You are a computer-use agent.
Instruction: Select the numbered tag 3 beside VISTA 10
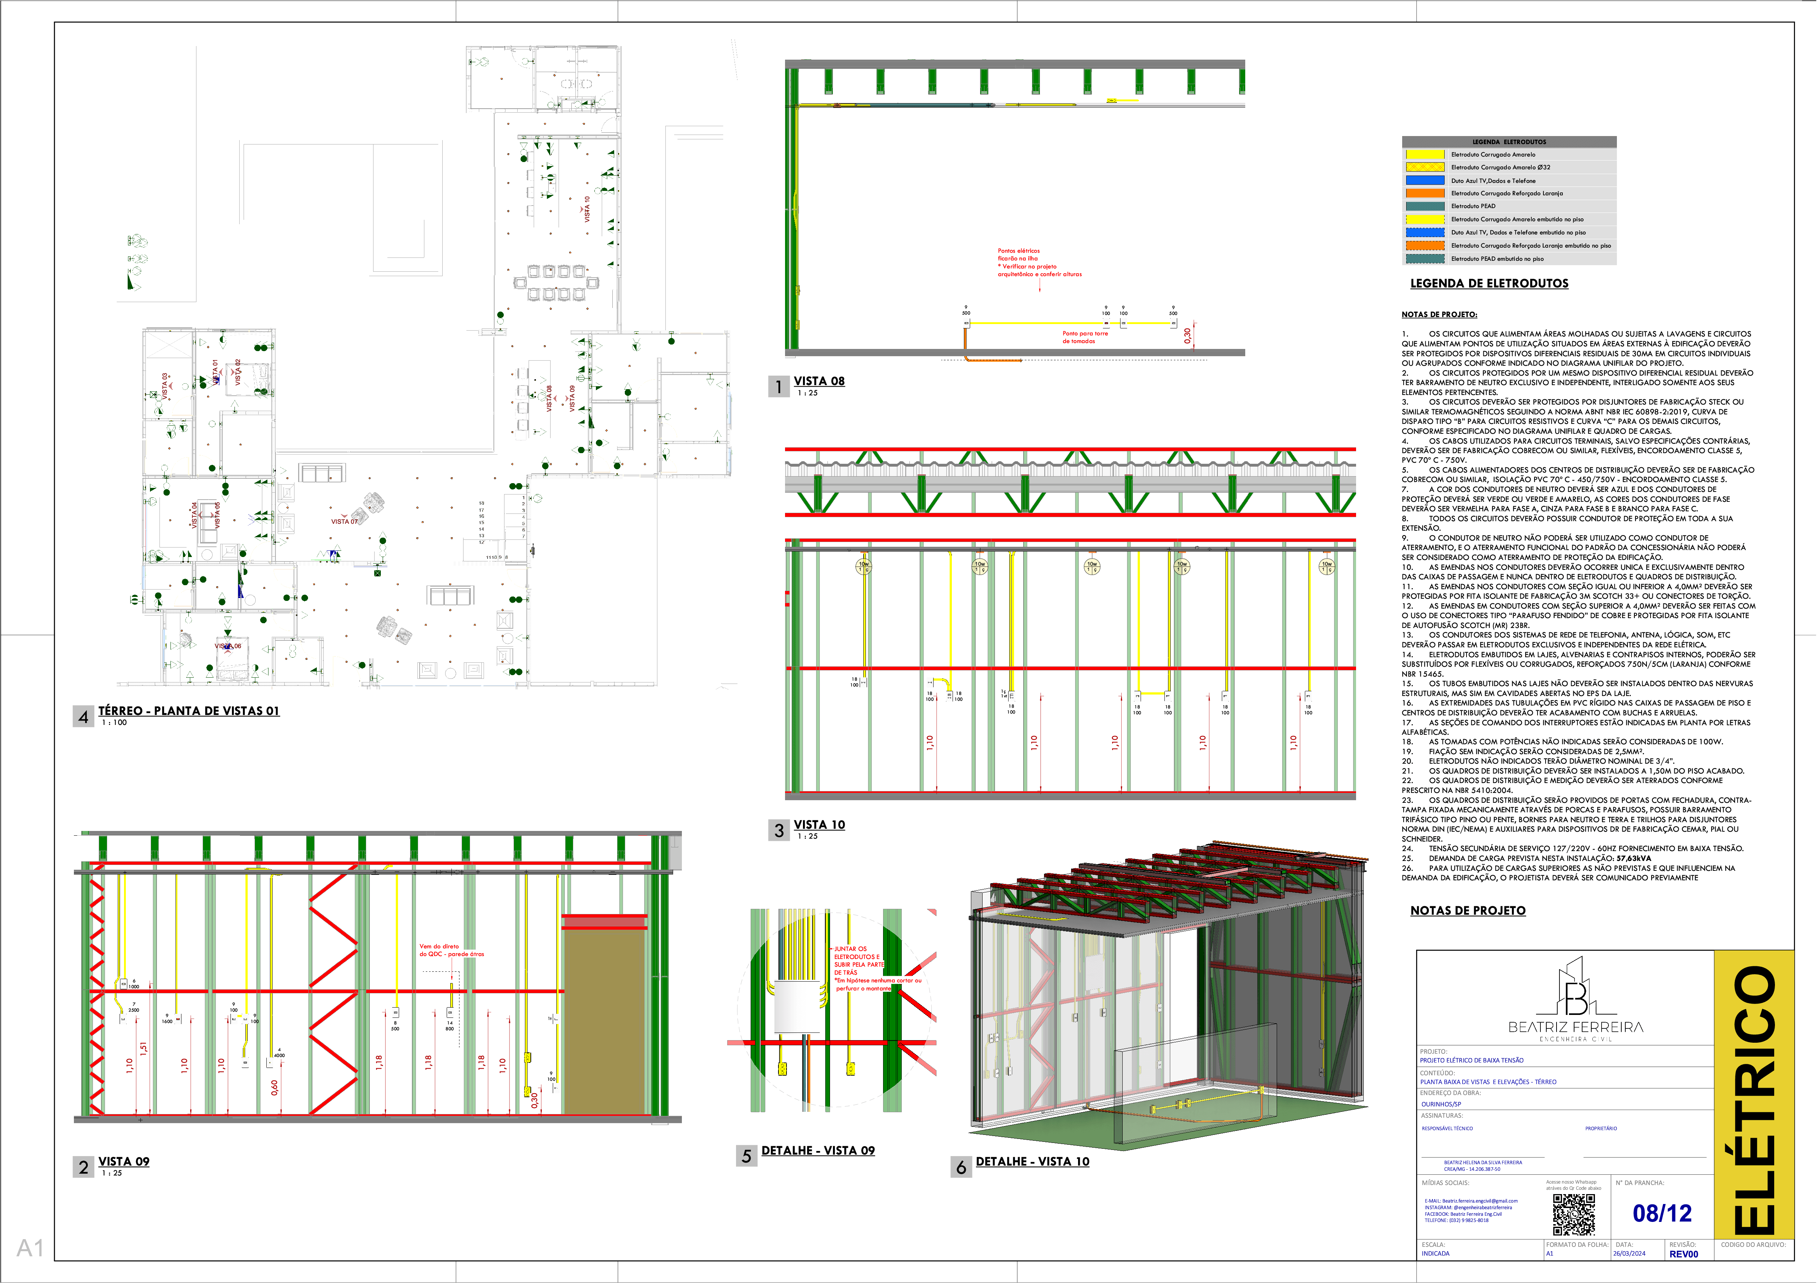(x=779, y=830)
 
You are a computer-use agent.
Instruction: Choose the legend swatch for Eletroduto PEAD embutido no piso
(x=1424, y=259)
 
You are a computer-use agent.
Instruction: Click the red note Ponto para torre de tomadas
(x=1085, y=337)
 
